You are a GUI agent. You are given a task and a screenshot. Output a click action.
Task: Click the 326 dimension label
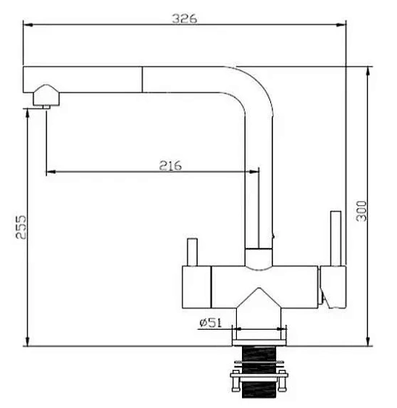(185, 18)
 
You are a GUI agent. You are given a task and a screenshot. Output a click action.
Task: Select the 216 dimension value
(170, 165)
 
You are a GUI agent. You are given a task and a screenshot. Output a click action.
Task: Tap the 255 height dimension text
(21, 227)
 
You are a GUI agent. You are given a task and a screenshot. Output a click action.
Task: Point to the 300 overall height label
(362, 211)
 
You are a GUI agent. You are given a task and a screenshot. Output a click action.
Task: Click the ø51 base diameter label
(211, 322)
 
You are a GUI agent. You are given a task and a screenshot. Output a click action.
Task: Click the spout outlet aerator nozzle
(46, 96)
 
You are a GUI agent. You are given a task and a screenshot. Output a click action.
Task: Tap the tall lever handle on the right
(335, 238)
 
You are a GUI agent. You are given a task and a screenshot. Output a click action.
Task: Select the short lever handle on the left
(192, 252)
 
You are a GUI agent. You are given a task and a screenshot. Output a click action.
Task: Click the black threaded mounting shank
(259, 372)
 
